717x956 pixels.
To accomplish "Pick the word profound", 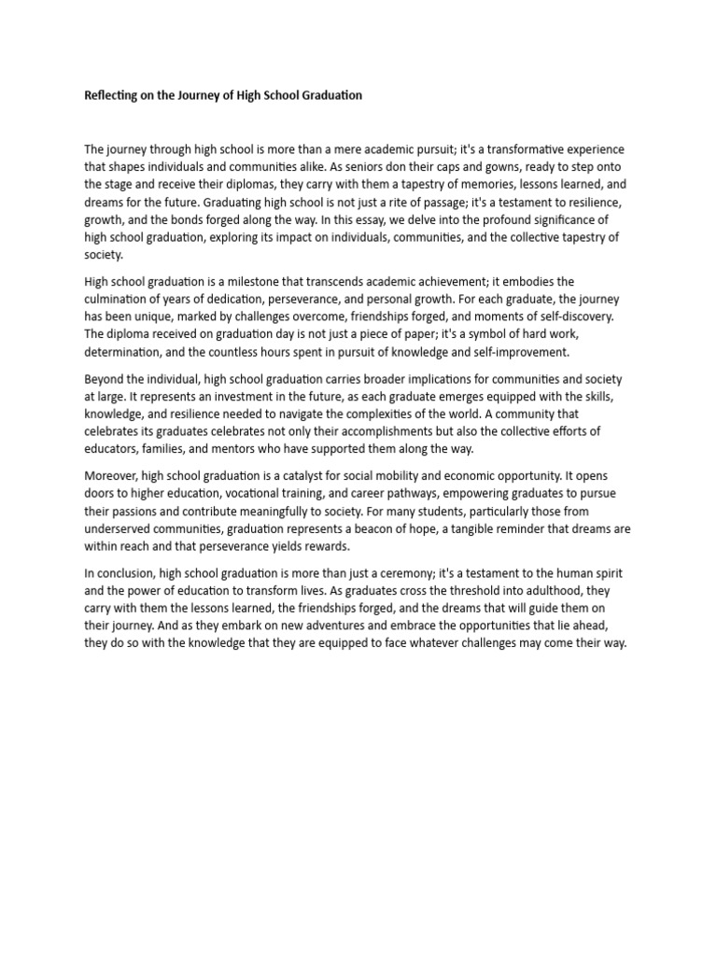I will [506, 219].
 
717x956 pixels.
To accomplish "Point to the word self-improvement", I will [523, 351].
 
